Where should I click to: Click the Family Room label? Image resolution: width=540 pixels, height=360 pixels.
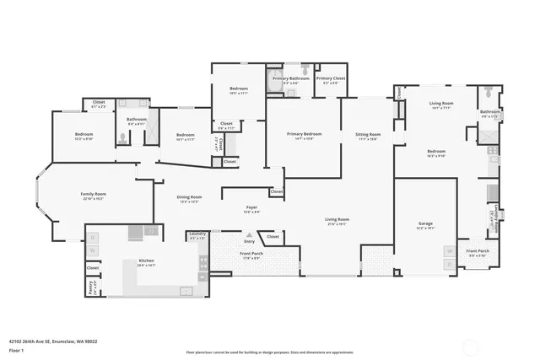pyautogui.click(x=92, y=196)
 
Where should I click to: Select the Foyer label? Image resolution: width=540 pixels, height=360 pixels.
pyautogui.click(x=251, y=209)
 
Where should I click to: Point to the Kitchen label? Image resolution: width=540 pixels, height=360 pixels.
pyautogui.click(x=146, y=262)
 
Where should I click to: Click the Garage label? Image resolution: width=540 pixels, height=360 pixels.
pyautogui.click(x=425, y=225)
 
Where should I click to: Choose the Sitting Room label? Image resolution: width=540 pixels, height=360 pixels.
pyautogui.click(x=368, y=137)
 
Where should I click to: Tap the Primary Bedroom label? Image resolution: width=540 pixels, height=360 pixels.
pyautogui.click(x=304, y=136)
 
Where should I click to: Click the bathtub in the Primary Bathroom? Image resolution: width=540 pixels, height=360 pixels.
pyautogui.click(x=274, y=82)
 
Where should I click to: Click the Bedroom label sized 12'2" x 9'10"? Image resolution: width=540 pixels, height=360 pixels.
pyautogui.click(x=84, y=137)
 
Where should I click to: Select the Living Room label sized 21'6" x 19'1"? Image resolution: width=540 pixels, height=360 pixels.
pyautogui.click(x=337, y=222)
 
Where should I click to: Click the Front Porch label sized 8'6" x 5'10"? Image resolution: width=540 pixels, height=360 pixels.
pyautogui.click(x=478, y=253)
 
